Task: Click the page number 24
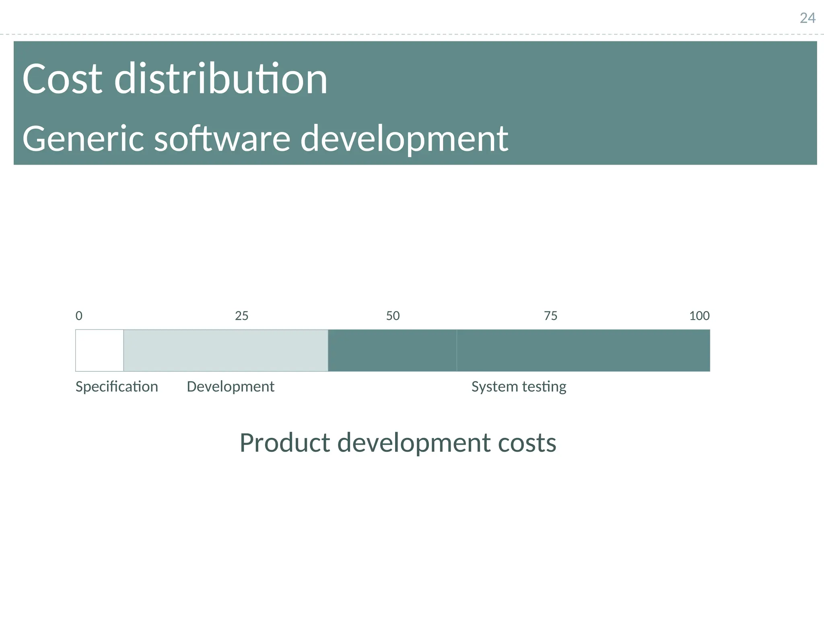(807, 19)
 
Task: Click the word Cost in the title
(62, 79)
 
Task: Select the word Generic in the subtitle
(83, 139)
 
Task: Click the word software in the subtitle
(222, 139)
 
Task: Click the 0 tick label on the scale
(79, 316)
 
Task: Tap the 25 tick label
(241, 316)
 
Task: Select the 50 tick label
(393, 316)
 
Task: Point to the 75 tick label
(550, 316)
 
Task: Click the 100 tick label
(699, 316)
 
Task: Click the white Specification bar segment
(99, 350)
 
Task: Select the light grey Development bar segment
(225, 350)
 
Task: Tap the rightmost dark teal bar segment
(583, 350)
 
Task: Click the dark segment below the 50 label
(392, 350)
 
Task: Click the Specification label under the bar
(117, 387)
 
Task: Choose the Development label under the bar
(231, 387)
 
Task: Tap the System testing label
(519, 387)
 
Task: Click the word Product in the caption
(285, 443)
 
